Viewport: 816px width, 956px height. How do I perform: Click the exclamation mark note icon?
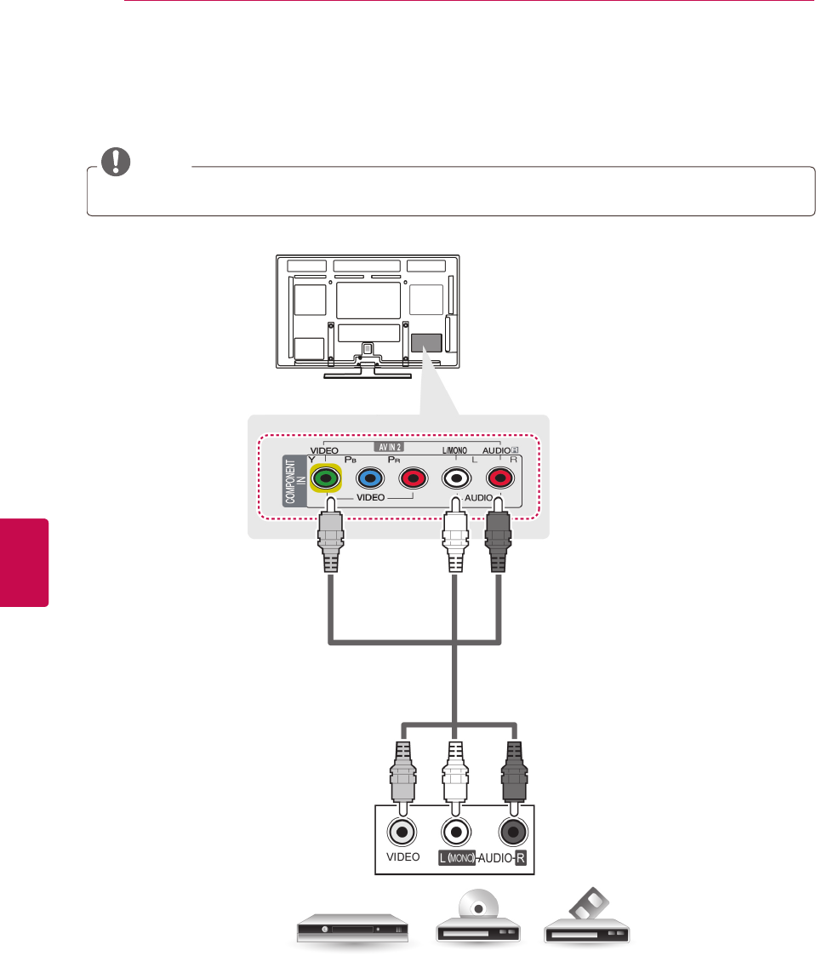pyautogui.click(x=111, y=163)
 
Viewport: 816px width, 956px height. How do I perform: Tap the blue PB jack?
pyautogui.click(x=369, y=479)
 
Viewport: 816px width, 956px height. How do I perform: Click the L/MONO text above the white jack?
pyautogui.click(x=455, y=449)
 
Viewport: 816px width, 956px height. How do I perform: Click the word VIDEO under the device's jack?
pyautogui.click(x=402, y=858)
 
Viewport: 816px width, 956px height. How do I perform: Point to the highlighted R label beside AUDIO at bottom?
pyautogui.click(x=520, y=858)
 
